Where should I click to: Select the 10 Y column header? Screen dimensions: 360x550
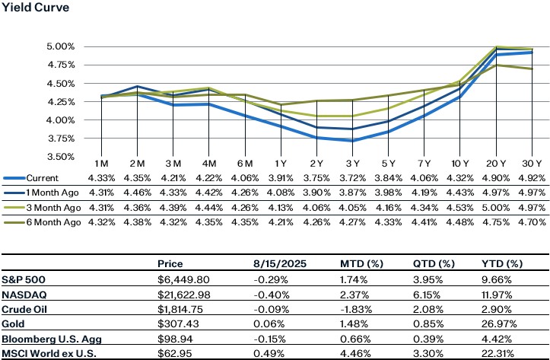coord(460,165)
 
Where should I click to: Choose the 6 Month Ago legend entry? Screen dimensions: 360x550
coord(46,221)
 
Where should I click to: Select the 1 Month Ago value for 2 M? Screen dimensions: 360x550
coord(137,193)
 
